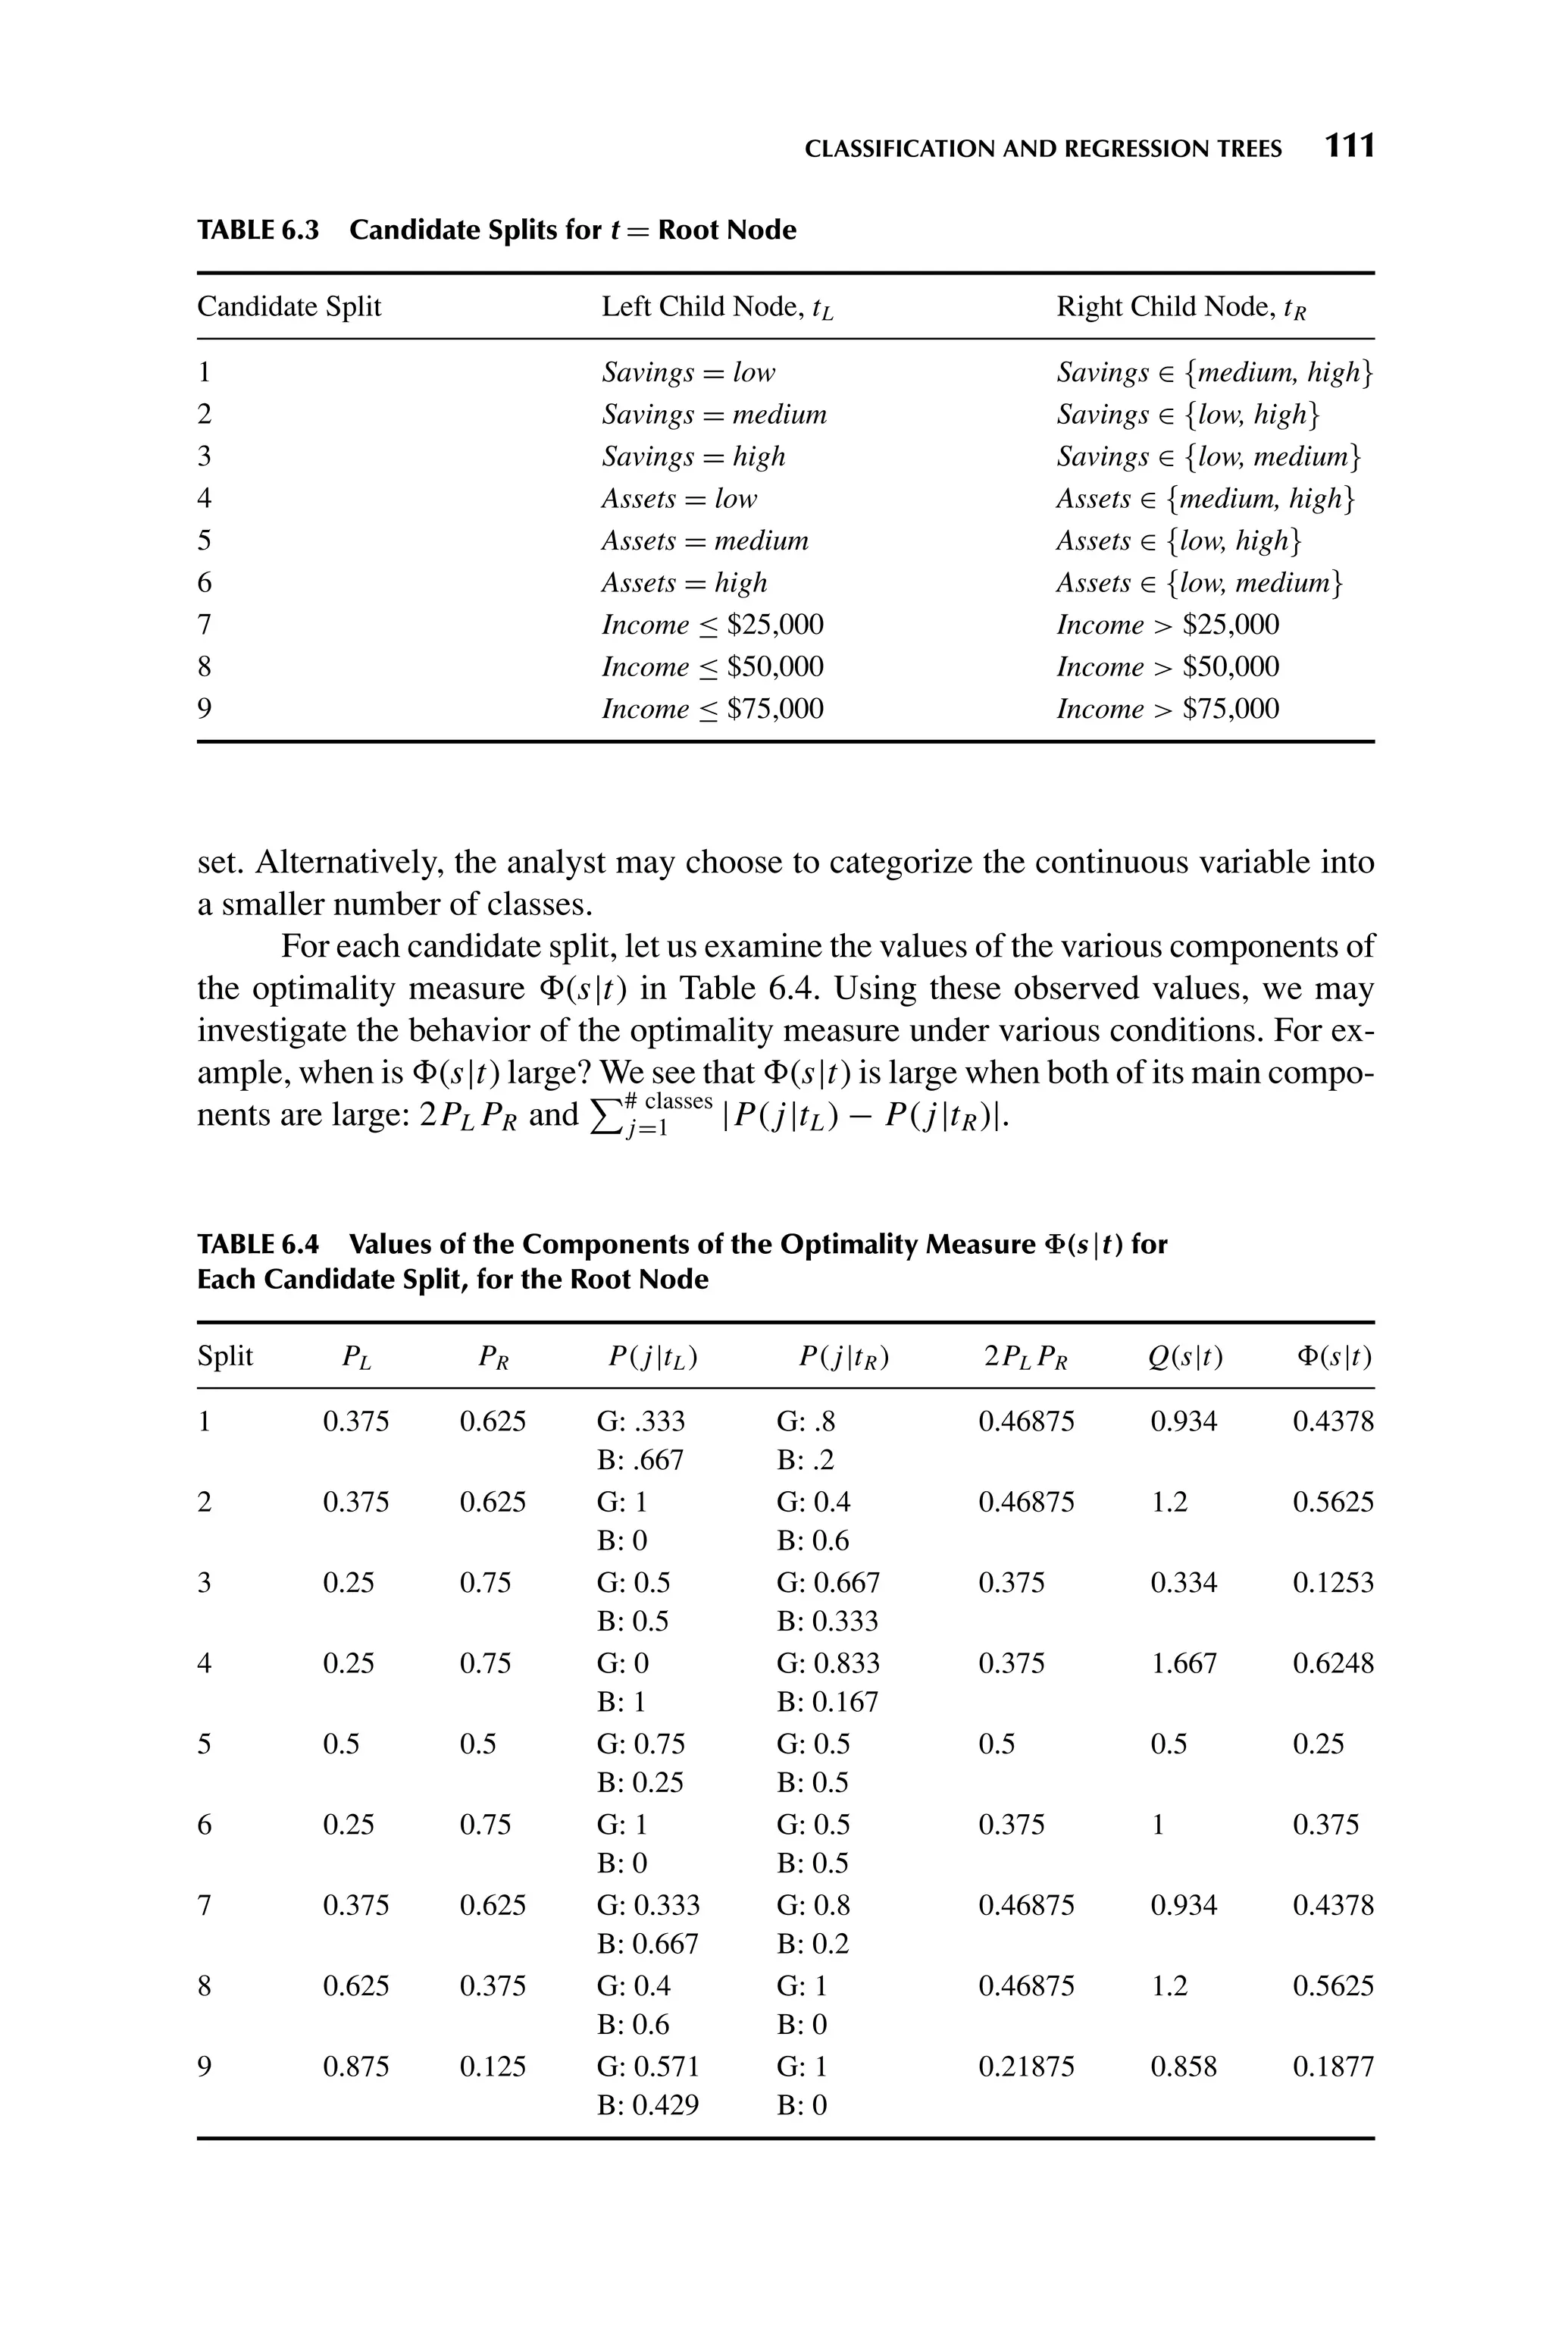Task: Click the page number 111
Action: (x=1349, y=146)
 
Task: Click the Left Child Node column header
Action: (x=718, y=307)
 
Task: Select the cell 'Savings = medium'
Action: (x=714, y=414)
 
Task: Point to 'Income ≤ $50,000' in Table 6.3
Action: (x=712, y=666)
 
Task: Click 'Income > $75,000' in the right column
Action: (x=1167, y=709)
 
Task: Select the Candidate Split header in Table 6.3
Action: (x=289, y=307)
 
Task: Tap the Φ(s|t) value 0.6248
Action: (x=1332, y=1663)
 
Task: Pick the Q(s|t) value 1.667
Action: (x=1183, y=1663)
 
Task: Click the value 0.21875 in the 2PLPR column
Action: (x=1025, y=2067)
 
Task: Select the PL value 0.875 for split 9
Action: (x=355, y=2067)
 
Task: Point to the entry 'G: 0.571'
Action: (x=649, y=2067)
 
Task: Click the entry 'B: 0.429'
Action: (x=649, y=2105)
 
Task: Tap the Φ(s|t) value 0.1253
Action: (x=1332, y=1583)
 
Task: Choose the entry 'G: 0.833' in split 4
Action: (x=828, y=1663)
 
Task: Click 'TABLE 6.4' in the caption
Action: (x=258, y=1244)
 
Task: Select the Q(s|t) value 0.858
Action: (x=1183, y=2067)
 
